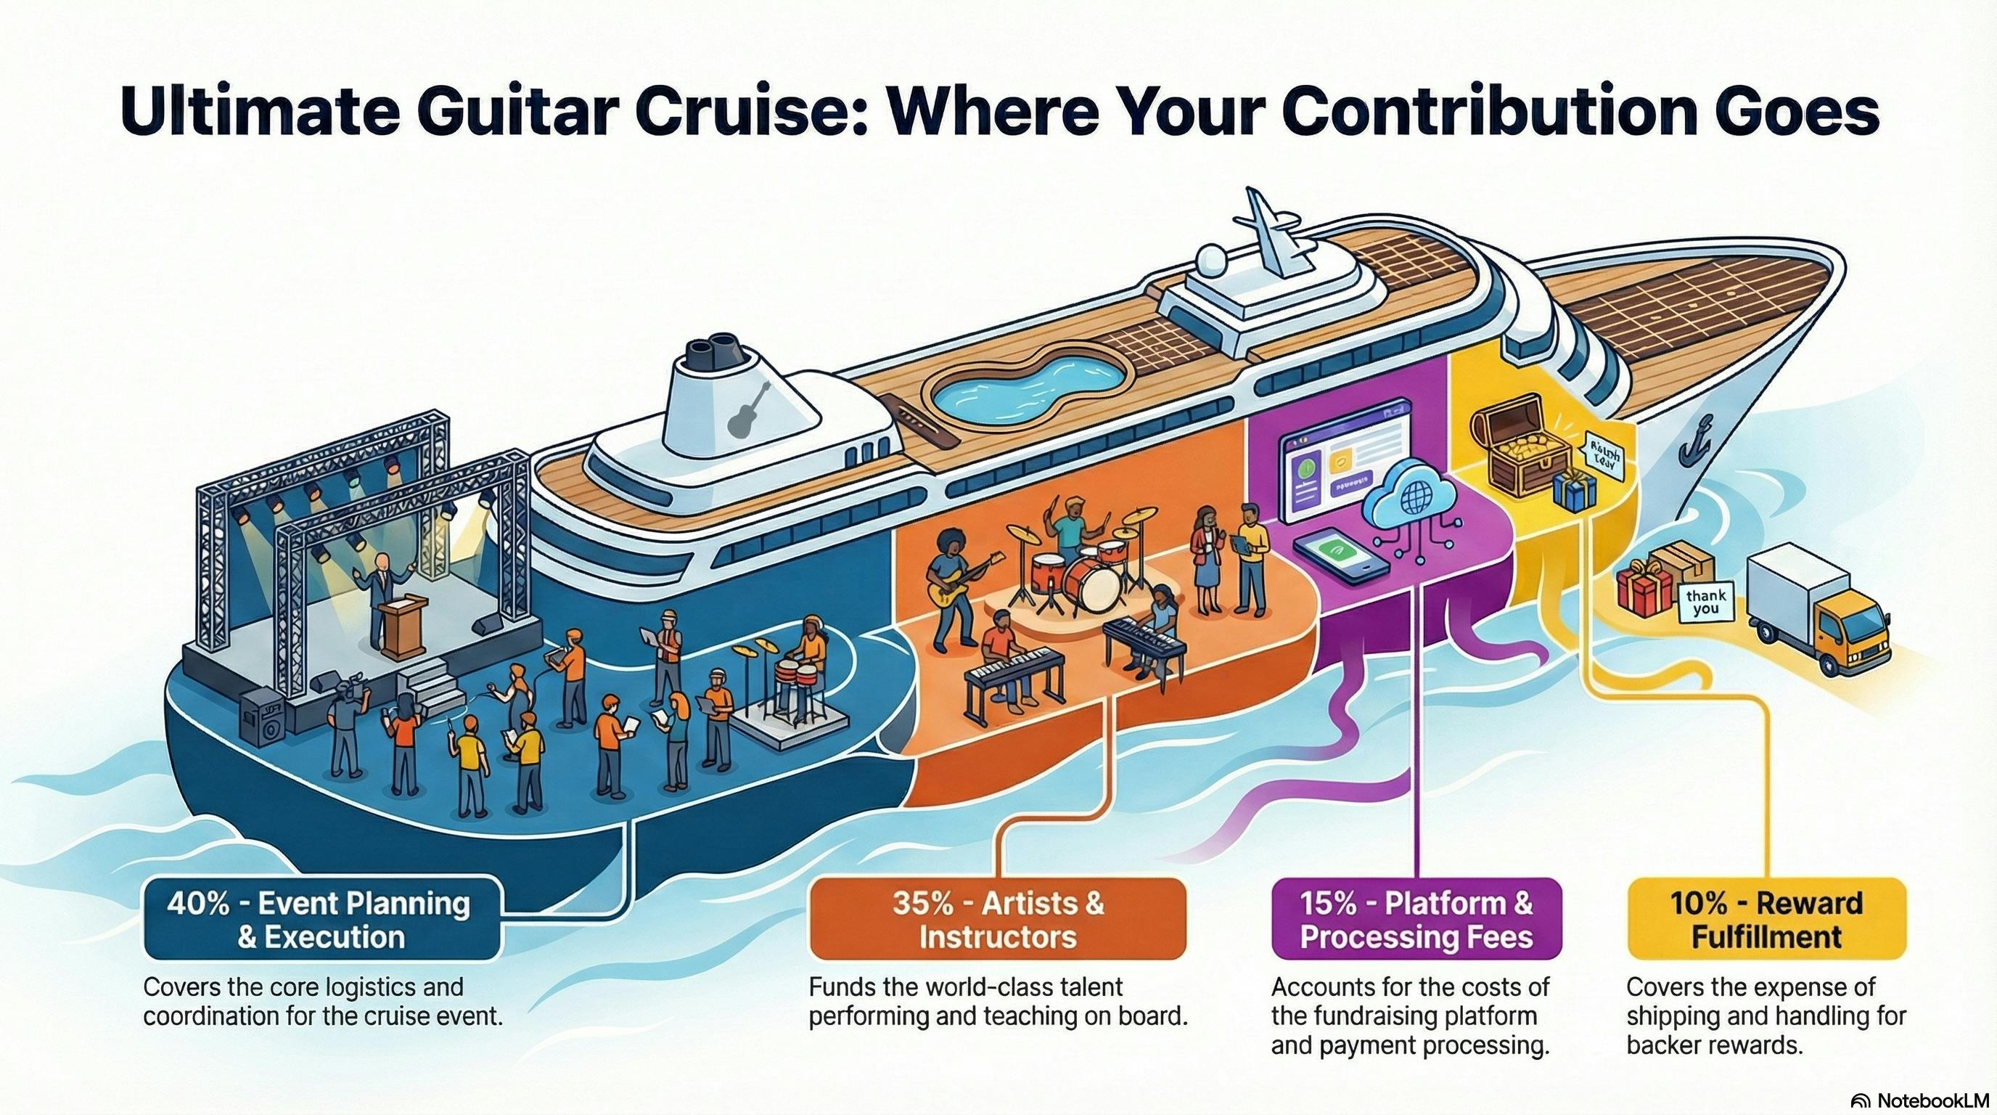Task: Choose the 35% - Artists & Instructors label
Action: tap(998, 920)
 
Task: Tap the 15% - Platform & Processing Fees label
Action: tap(1416, 920)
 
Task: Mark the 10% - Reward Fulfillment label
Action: tap(1766, 920)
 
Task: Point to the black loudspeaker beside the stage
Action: tap(262, 718)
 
